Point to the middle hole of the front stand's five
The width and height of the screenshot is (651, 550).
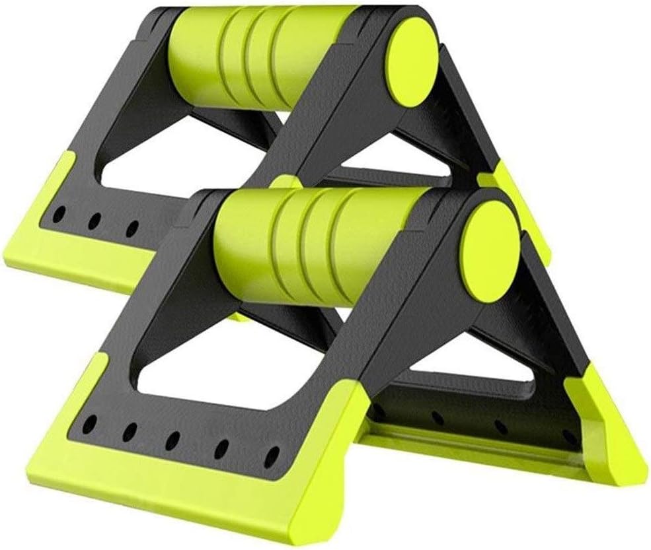click(x=175, y=436)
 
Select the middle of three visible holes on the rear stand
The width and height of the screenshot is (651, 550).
click(x=95, y=221)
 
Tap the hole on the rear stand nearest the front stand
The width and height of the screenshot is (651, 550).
click(x=132, y=228)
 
